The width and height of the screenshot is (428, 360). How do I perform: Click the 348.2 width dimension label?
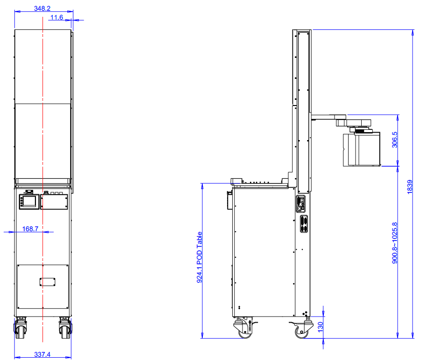pos(42,8)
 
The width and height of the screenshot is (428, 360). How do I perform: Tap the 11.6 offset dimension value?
pos(57,17)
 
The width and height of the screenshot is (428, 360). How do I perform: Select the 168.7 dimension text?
pos(30,228)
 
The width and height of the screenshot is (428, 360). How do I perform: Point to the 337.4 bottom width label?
pos(43,354)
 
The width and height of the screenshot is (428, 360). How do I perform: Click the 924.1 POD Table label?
pos(200,257)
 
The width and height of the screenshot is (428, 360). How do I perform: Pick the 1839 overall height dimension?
pos(410,187)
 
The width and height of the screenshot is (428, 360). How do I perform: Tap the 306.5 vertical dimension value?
pos(395,140)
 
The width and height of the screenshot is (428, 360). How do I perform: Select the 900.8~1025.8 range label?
pos(395,243)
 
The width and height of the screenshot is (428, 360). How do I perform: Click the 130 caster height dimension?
pos(321,327)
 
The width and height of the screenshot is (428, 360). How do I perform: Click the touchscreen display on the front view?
pos(29,202)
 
